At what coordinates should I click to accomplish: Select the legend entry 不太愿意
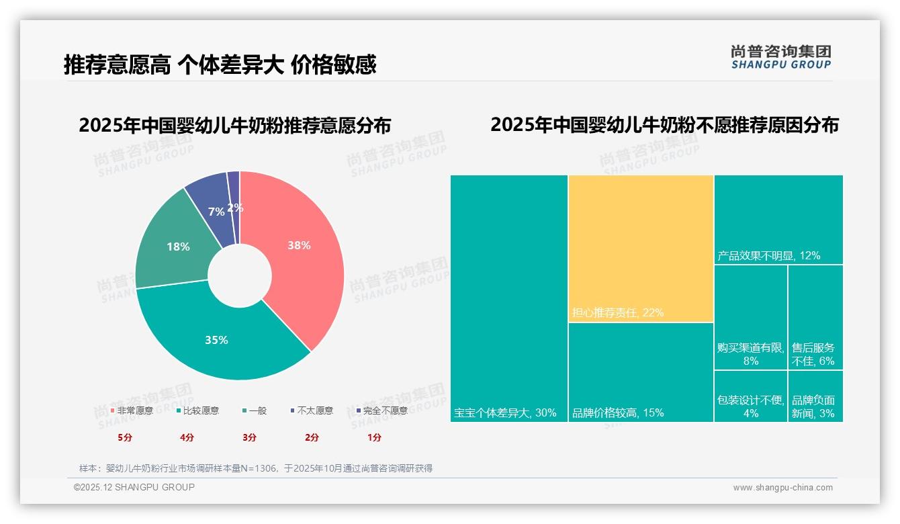(x=314, y=410)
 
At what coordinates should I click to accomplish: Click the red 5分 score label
(x=125, y=437)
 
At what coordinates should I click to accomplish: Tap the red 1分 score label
(x=374, y=437)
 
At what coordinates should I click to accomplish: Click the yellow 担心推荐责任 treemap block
(x=641, y=249)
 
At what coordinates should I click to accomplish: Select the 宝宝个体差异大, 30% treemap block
(x=509, y=298)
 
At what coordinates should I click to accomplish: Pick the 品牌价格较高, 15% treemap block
(x=641, y=372)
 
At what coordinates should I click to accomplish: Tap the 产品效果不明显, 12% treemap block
(x=778, y=220)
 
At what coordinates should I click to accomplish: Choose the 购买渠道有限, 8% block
(x=750, y=317)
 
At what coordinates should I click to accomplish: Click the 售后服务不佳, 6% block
(x=815, y=317)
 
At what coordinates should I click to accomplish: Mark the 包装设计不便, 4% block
(x=750, y=396)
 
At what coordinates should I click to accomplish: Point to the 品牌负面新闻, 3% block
(x=815, y=396)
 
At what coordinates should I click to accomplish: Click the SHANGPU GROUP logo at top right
(x=781, y=57)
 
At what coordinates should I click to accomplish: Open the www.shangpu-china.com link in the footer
(x=782, y=488)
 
